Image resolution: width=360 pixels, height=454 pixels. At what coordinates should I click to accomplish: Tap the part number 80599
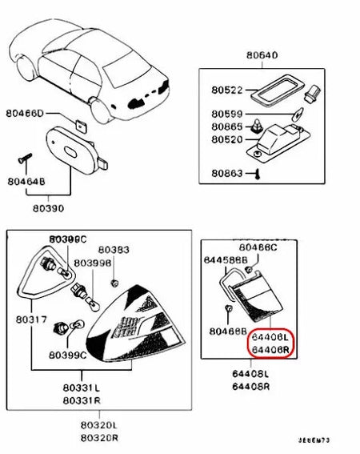[226, 115]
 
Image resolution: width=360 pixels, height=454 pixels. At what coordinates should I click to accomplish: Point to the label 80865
[226, 127]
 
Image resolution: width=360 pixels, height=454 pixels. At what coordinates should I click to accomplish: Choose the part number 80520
[226, 139]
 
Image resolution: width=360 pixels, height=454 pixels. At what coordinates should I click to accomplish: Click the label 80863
[226, 172]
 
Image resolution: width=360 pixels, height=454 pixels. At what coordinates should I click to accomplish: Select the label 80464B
[27, 183]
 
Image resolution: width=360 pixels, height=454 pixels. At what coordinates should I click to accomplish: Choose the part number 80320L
[103, 426]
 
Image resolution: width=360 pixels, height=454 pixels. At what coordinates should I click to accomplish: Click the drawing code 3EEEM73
[316, 440]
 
